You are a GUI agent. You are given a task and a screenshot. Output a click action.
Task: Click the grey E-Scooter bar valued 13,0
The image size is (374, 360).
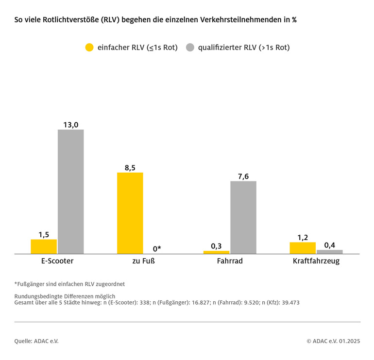pos(71,191)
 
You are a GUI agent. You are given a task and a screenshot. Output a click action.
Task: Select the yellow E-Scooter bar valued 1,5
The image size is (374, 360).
pos(44,246)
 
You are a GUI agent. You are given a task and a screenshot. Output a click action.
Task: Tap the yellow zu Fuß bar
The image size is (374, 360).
pos(130,213)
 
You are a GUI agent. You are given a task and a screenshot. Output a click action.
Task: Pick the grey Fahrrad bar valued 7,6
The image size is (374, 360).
pos(243,217)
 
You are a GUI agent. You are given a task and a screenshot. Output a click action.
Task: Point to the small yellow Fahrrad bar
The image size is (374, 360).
pos(216,252)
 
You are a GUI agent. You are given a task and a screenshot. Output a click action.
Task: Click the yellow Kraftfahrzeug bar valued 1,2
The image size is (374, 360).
pos(303,248)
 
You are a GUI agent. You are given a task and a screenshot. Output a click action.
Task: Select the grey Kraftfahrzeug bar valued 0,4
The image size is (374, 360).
pos(330,252)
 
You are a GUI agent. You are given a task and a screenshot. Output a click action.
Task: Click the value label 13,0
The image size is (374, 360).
pos(71,125)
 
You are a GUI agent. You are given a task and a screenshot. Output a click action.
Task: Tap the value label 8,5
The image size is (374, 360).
pos(130,168)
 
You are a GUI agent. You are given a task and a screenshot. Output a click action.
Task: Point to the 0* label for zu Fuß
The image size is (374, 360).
pos(157,249)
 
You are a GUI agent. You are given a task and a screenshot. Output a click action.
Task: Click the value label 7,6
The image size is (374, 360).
pos(243,177)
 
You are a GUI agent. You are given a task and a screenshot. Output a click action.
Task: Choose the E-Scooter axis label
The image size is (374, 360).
pos(57,261)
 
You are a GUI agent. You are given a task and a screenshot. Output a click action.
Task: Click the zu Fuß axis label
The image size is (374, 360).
pos(144,261)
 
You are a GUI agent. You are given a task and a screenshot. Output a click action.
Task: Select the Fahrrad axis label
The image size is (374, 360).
pos(230,261)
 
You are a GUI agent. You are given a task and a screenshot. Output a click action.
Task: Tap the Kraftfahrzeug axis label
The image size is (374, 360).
pos(316,261)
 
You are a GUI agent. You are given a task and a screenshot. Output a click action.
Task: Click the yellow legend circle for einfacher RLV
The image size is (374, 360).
pos(89,48)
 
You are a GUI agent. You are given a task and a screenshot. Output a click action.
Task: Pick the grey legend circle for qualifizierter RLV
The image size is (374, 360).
pos(190,48)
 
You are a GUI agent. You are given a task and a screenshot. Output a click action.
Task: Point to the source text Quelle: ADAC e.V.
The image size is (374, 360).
pos(36,341)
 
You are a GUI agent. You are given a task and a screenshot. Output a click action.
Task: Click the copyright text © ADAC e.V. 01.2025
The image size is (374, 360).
pos(333,341)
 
